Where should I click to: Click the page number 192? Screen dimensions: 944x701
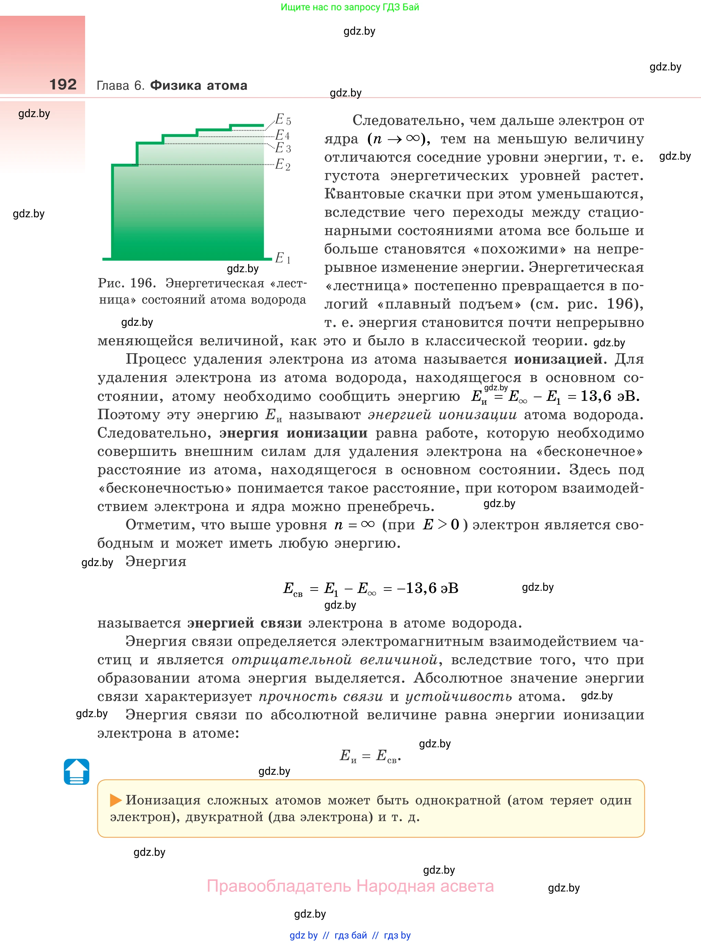[x=63, y=84]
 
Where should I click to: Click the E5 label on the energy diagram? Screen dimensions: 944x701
[x=283, y=119]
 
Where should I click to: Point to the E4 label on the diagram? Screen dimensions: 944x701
[x=282, y=135]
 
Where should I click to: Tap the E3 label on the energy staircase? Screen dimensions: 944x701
[x=283, y=148]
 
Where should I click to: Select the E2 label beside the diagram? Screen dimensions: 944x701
[x=283, y=164]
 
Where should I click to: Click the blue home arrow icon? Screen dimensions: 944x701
[x=77, y=771]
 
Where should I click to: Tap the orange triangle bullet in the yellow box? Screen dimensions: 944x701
[x=115, y=800]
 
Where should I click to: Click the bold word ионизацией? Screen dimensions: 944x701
[x=558, y=359]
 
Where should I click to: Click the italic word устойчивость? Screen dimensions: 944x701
[x=458, y=697]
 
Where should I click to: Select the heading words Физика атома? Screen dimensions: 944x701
[x=199, y=85]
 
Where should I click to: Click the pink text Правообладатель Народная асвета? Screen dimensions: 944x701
[x=350, y=886]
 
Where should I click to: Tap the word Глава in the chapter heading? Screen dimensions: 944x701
[x=113, y=86]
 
